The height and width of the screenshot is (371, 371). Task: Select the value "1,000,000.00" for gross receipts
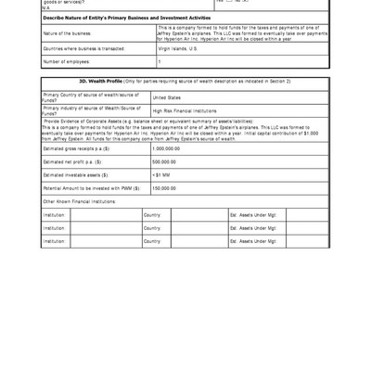tap(166, 148)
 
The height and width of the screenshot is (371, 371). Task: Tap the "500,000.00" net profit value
tap(164, 161)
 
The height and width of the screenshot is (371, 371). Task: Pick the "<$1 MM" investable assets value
tap(161, 174)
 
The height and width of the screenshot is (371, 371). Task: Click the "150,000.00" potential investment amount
tap(164, 187)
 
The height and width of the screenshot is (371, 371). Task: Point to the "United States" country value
tap(167, 97)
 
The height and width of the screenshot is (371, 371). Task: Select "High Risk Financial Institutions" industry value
tap(185, 110)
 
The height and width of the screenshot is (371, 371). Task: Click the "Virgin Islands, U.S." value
tap(179, 48)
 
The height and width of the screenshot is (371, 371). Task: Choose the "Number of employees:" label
tap(66, 62)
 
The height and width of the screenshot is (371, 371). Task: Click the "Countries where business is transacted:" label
tap(84, 48)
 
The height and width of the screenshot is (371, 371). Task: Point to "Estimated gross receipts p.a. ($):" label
tap(77, 148)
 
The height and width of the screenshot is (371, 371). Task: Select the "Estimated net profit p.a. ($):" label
tap(72, 161)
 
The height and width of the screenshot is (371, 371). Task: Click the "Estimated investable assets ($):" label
tap(75, 174)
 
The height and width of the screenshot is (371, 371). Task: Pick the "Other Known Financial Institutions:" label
tap(79, 200)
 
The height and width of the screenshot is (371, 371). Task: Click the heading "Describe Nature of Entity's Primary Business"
tap(126, 18)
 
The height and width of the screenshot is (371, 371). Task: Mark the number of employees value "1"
tap(159, 62)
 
